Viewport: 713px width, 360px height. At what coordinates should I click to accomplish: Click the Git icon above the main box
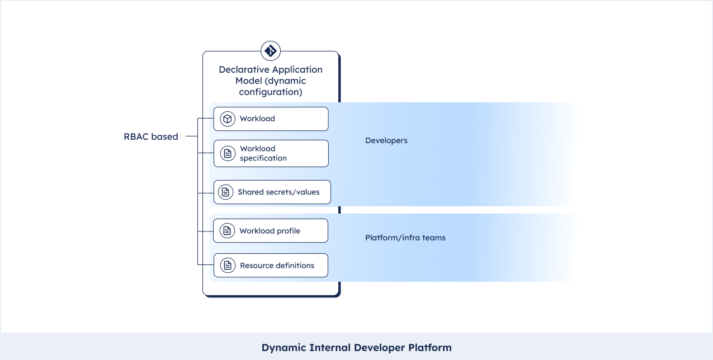[271, 51]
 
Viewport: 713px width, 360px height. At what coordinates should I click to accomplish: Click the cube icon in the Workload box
[227, 119]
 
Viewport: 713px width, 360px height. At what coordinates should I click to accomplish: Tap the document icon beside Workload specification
[228, 153]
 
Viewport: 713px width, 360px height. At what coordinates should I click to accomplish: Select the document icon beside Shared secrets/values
[225, 192]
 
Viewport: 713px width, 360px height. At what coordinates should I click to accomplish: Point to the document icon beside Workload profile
[227, 231]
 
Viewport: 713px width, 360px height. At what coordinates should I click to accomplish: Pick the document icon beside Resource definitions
[228, 265]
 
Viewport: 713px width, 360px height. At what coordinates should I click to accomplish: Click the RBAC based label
[151, 136]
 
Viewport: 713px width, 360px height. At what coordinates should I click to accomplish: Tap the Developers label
[386, 140]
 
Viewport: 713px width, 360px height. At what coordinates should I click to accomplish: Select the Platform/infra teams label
[405, 238]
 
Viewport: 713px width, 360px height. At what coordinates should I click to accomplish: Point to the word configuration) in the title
[271, 92]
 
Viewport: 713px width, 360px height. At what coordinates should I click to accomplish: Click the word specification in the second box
[263, 158]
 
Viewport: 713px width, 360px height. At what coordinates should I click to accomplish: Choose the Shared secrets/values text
[278, 192]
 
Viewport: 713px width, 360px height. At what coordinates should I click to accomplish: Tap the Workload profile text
[270, 231]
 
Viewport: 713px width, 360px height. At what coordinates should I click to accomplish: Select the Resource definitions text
[277, 266]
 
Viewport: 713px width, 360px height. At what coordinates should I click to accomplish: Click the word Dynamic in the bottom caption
[284, 348]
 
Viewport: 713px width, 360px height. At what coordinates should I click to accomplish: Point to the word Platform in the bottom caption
[430, 348]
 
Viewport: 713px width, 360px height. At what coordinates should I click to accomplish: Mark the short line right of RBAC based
[192, 136]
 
